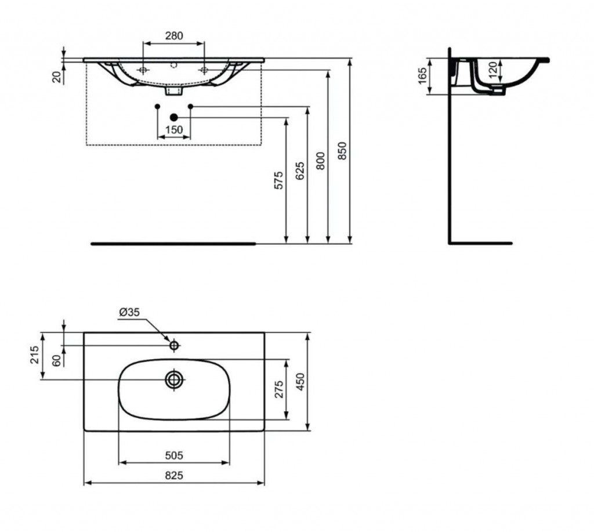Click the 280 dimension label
coord(174,35)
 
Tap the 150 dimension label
coord(174,129)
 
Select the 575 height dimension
coord(278,180)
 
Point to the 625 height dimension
coord(300,171)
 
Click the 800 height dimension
coord(320,161)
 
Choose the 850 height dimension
coord(342,150)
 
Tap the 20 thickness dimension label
coord(57,77)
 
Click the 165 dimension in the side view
coord(422,76)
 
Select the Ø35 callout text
coord(129,312)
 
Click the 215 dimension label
coord(35,354)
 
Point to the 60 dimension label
coord(56,360)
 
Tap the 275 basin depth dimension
coord(279,389)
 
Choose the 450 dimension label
coord(300,382)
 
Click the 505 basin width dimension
coord(174,455)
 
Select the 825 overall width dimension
coord(174,475)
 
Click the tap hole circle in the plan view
coord(174,345)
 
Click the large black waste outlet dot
coord(174,117)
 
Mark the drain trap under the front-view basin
coord(174,91)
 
